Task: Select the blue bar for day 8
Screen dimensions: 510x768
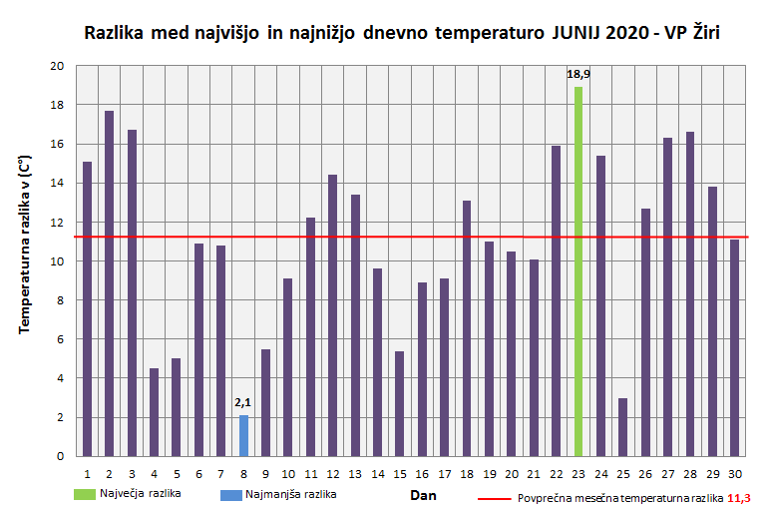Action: coord(243,435)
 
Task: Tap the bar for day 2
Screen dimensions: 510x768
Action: coord(109,283)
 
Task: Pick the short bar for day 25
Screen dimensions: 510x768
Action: coord(622,427)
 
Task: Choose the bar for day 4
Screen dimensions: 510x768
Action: coord(154,412)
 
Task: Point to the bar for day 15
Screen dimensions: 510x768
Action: coord(399,403)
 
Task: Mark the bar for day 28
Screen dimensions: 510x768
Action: coord(690,293)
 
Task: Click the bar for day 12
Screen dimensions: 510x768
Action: coord(332,315)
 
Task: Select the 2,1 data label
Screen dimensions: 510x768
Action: coord(243,402)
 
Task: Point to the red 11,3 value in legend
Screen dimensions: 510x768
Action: coord(738,497)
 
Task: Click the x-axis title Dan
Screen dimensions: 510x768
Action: coord(424,494)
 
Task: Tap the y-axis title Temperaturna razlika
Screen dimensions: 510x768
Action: coord(25,245)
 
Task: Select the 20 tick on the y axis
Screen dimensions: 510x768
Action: coord(56,66)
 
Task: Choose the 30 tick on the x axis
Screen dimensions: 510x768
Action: coord(734,473)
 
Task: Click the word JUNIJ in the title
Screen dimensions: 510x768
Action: coord(576,34)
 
